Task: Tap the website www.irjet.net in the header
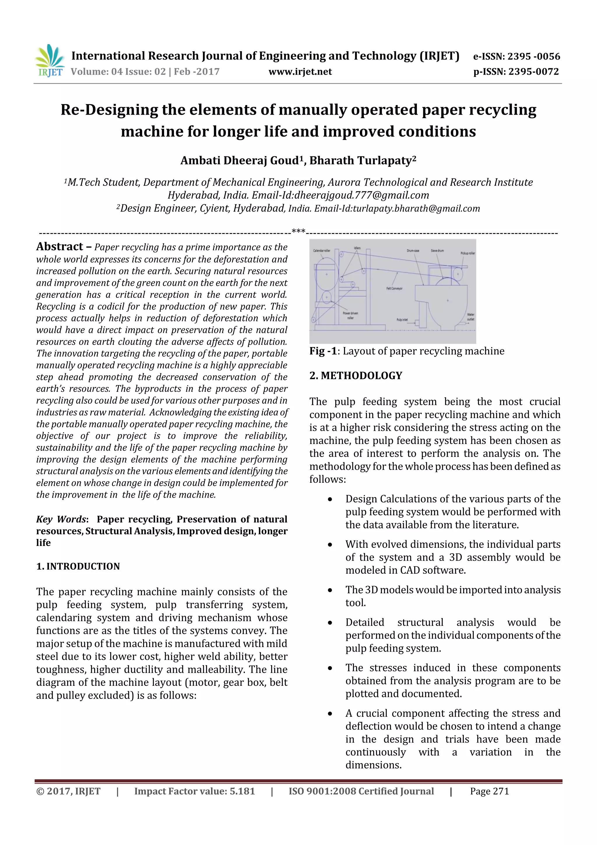[x=300, y=72]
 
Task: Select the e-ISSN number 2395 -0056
[x=533, y=56]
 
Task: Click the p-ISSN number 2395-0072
[x=533, y=72]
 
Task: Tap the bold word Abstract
[x=59, y=246]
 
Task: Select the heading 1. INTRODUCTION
[x=78, y=566]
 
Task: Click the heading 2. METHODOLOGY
[x=356, y=375]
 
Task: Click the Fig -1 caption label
[x=323, y=351]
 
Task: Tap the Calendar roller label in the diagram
[x=322, y=250]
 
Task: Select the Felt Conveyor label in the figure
[x=394, y=288]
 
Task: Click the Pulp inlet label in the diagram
[x=402, y=319]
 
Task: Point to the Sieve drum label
[x=437, y=251]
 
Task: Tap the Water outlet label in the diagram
[x=470, y=317]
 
